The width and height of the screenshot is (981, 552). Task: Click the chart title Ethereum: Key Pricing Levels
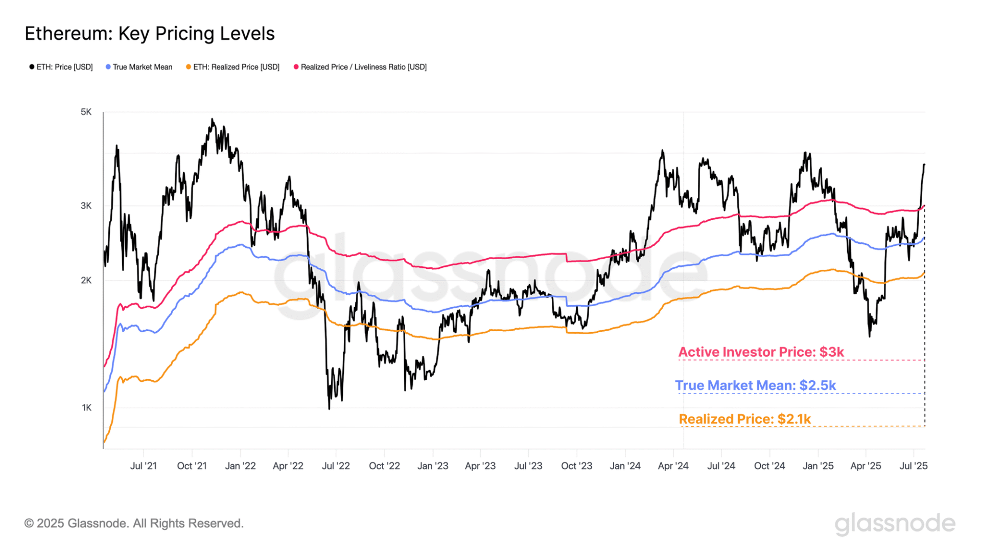[x=150, y=34]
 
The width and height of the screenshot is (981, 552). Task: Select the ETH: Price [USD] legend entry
[x=61, y=67]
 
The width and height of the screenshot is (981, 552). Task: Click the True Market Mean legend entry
[x=139, y=67]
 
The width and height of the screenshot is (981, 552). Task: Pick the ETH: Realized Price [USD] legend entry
[x=233, y=67]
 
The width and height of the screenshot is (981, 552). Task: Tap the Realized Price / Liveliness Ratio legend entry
[x=360, y=67]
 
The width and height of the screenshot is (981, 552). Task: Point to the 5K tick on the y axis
[x=86, y=112]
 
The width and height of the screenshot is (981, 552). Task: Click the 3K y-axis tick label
[x=86, y=205]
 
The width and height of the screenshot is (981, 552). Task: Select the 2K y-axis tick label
[x=86, y=280]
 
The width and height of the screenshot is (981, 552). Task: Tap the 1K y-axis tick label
[x=87, y=407]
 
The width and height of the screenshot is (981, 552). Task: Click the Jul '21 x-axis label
[x=144, y=466]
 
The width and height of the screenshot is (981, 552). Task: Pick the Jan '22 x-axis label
[x=240, y=466]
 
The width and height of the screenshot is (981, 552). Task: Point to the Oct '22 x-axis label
[x=384, y=466]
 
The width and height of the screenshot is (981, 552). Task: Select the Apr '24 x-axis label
[x=673, y=466]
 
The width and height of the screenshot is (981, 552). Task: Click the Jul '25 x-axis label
[x=913, y=466]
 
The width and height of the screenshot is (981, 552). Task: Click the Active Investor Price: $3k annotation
[x=761, y=352]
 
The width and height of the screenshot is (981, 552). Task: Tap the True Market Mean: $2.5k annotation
[x=755, y=385]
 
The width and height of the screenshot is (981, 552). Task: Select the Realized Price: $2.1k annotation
[x=744, y=419]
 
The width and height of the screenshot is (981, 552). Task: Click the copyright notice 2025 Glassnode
[x=134, y=523]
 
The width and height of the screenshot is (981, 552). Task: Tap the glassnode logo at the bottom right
[x=895, y=523]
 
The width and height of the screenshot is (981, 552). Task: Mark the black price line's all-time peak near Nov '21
[x=212, y=120]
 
